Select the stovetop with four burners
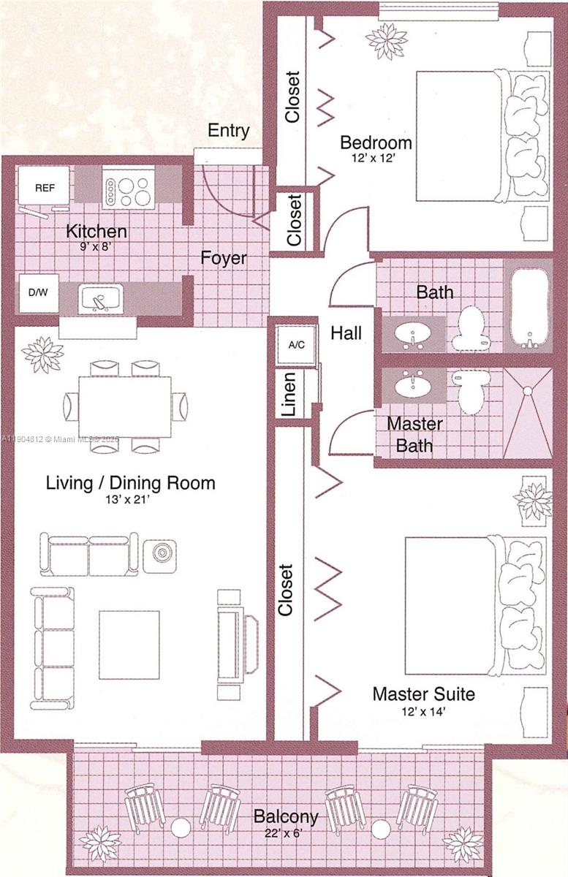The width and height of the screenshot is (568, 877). [x=129, y=187]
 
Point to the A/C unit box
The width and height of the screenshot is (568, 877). [x=296, y=343]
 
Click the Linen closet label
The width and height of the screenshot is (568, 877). [x=289, y=395]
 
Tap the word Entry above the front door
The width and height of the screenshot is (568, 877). [x=229, y=131]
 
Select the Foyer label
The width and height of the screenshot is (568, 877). [x=224, y=258]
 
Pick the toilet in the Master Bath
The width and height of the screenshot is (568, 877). [x=469, y=389]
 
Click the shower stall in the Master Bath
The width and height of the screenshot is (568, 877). [x=528, y=412]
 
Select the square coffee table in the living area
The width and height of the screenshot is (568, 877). [x=129, y=645]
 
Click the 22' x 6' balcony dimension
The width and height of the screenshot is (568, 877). [x=286, y=832]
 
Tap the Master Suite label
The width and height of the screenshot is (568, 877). [x=423, y=694]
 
